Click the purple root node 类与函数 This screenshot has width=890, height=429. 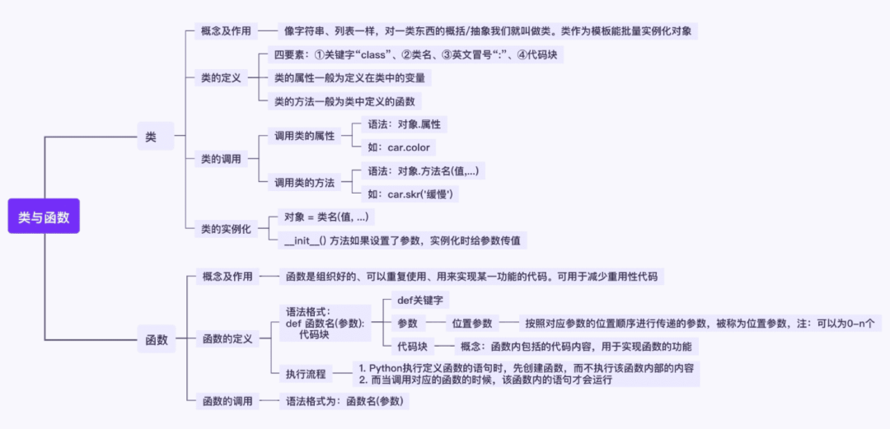44,217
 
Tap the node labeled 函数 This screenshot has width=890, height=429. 156,339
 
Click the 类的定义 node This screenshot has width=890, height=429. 221,78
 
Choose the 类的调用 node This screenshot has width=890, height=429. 221,159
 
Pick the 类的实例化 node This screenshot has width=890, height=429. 226,229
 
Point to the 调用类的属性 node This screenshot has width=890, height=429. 304,136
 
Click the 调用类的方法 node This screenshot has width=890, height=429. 304,182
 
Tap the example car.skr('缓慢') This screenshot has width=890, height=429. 410,194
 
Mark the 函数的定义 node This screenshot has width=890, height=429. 227,338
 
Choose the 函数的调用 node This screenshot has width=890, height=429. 227,401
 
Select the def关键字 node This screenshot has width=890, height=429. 419,301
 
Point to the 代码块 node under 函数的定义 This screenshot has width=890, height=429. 413,347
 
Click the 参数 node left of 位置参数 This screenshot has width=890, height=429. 408,324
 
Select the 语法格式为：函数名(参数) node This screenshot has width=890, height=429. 347,401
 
